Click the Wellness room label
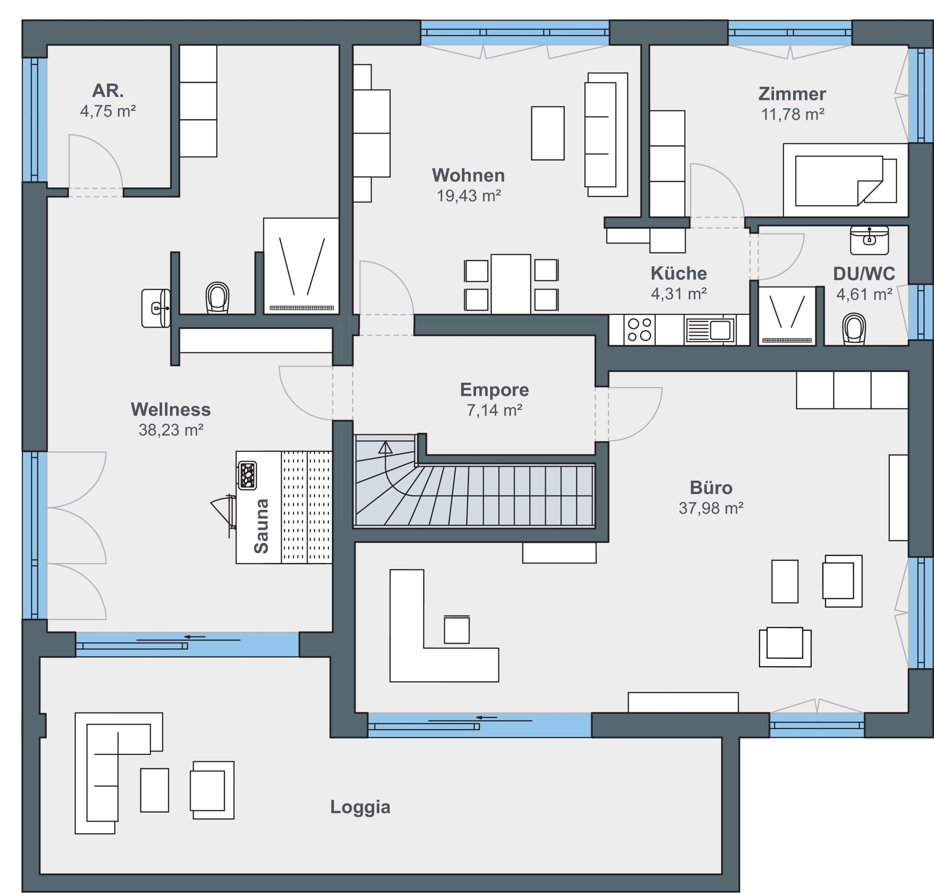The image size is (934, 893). pos(170,409)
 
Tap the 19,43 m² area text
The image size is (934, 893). pos(469,196)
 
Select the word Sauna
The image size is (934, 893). pos(261,526)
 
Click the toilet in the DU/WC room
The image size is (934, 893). pos(854,329)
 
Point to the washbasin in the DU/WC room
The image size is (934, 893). pos(869,240)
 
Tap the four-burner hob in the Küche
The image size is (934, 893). pos(640,329)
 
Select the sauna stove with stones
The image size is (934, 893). pos(247,475)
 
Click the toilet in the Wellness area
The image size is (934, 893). pos(217,297)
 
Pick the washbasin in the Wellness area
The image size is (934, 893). pos(155,308)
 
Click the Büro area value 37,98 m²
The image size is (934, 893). pos(711,508)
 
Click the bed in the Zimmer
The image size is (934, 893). pos(845,180)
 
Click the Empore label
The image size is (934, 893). pos(494,390)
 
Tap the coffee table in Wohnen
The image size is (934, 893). pos(548,133)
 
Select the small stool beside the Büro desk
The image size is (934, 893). pos(457,629)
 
